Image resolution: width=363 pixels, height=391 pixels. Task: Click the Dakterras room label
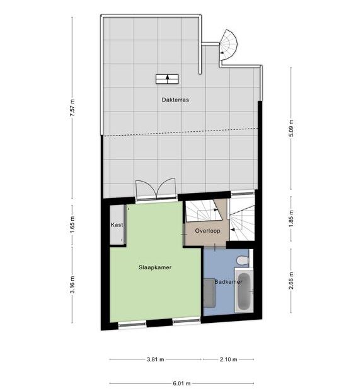tap(175, 100)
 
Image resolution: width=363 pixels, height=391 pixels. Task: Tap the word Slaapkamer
tap(155, 267)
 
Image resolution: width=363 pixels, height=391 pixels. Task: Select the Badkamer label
tap(228, 282)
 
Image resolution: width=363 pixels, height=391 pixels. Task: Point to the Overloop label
tap(207, 231)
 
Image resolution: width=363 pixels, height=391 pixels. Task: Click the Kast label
tap(117, 225)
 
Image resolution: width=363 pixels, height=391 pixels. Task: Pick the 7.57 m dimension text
tap(72, 108)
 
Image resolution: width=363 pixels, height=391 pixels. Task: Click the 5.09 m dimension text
tap(291, 129)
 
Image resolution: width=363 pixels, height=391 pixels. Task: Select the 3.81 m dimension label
tap(155, 359)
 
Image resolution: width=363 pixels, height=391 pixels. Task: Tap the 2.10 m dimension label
tap(229, 359)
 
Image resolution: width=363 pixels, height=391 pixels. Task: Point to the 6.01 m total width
tap(181, 383)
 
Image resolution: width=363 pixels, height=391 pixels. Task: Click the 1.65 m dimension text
tap(72, 226)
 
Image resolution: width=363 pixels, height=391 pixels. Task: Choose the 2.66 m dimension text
tap(291, 281)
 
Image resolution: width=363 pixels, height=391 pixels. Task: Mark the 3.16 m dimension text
tap(72, 284)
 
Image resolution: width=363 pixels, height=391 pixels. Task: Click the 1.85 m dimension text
tap(291, 219)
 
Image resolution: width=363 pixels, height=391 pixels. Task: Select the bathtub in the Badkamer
tap(244, 290)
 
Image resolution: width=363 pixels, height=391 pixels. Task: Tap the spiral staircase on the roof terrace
tap(228, 45)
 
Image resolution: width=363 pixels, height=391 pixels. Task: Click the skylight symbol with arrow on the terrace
tap(167, 79)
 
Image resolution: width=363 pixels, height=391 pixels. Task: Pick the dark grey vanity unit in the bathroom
tap(209, 293)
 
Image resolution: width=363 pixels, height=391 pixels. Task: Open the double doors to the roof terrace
tap(156, 189)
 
